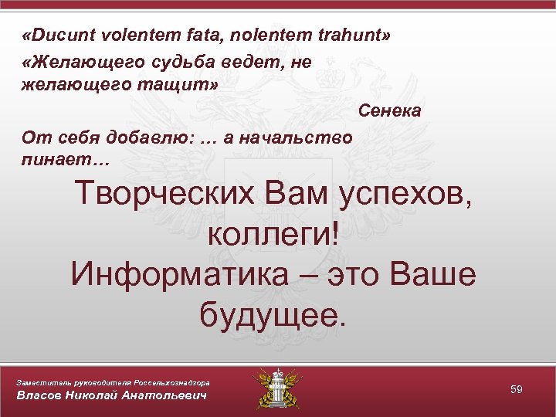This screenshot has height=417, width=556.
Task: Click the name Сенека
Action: (x=389, y=110)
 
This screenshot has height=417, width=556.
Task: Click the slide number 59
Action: (x=517, y=390)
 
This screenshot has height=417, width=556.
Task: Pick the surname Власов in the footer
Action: (x=42, y=396)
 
